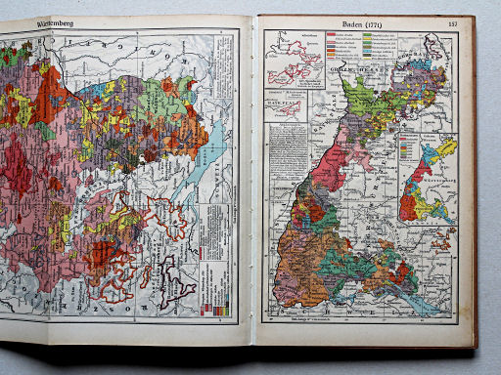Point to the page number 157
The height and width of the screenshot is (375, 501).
(x=451, y=22)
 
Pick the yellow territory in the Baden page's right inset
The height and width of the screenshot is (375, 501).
(x=445, y=149)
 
